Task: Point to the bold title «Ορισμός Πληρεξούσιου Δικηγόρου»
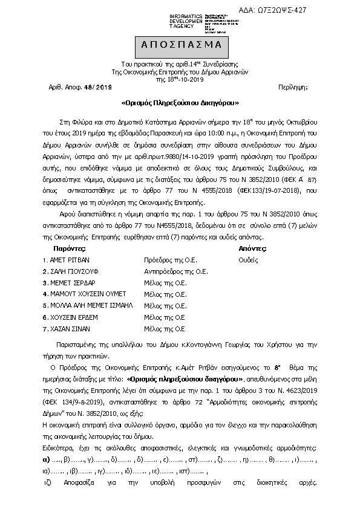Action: (x=180, y=103)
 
